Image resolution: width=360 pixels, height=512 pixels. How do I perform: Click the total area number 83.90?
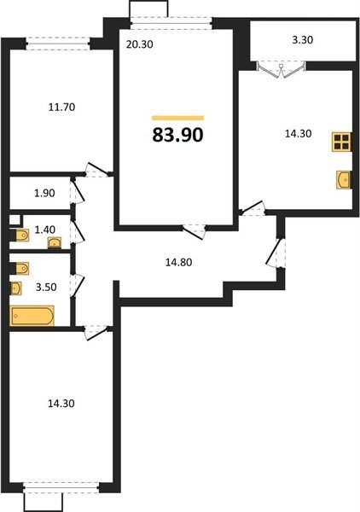point(178,135)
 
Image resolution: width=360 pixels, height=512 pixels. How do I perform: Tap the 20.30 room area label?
point(140,44)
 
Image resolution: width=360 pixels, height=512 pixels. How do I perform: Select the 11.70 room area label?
point(61,107)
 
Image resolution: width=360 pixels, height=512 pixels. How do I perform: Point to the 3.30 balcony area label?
point(303,40)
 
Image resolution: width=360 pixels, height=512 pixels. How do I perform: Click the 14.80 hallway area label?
point(179,262)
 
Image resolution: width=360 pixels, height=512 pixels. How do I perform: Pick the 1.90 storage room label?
point(44,193)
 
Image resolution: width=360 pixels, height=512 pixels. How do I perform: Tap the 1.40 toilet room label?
point(44,230)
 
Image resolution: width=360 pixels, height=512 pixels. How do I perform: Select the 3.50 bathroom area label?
point(46,288)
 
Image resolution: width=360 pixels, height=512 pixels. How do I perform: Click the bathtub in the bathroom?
point(32,316)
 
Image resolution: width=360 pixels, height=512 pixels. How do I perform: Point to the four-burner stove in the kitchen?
point(342,142)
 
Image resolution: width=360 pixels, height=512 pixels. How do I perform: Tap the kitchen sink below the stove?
point(343,179)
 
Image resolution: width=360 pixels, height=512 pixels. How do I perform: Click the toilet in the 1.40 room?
point(20,235)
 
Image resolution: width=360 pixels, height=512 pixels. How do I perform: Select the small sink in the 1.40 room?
point(55,243)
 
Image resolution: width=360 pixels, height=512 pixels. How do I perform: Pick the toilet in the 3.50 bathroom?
point(20,269)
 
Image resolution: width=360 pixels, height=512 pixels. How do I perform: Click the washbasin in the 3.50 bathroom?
point(16,288)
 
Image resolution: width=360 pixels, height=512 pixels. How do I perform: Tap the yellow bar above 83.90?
point(178,118)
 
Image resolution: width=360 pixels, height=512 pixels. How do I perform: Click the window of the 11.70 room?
point(58,44)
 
